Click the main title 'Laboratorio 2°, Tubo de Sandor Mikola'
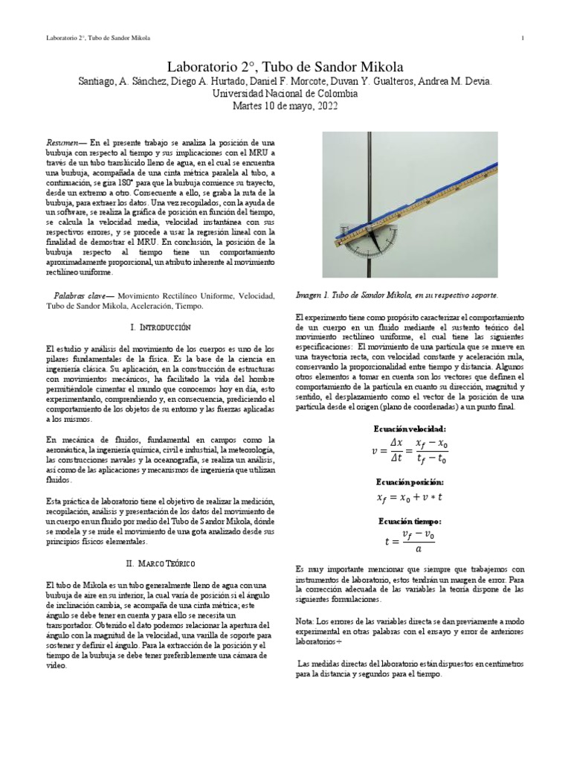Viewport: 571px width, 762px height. coord(285,65)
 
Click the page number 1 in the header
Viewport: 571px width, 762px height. coord(524,38)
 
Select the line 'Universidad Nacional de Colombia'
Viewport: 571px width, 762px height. coord(285,95)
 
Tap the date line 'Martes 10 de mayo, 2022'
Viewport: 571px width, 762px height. coord(285,107)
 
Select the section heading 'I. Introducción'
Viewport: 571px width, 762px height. coord(160,327)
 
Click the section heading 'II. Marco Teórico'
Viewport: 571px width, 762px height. coord(160,565)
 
